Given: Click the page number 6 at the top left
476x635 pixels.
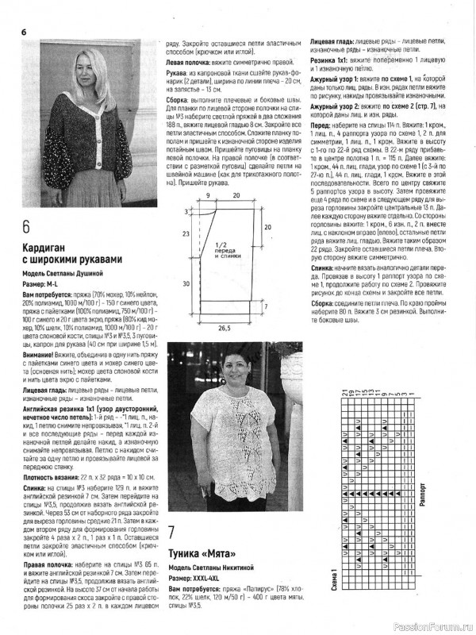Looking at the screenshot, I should pyautogui.click(x=23, y=32).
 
